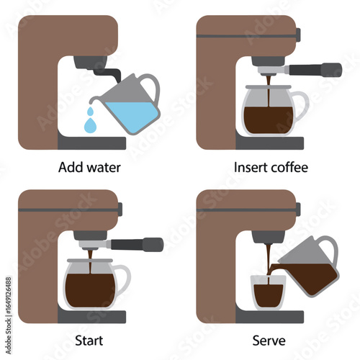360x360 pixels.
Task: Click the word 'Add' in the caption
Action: [70, 167]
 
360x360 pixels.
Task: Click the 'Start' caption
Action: [89, 341]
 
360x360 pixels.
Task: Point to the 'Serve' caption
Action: [269, 341]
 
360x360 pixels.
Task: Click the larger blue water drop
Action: [90, 125]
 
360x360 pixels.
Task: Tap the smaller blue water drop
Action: [90, 111]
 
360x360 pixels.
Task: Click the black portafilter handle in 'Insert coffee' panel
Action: [315, 70]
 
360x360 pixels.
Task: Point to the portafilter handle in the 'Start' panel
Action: [137, 245]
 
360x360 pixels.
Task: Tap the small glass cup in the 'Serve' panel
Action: [269, 293]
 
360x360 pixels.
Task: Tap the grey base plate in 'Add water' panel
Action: [91, 143]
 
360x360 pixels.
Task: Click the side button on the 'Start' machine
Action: [120, 210]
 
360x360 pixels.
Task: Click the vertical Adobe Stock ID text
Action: [9, 315]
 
